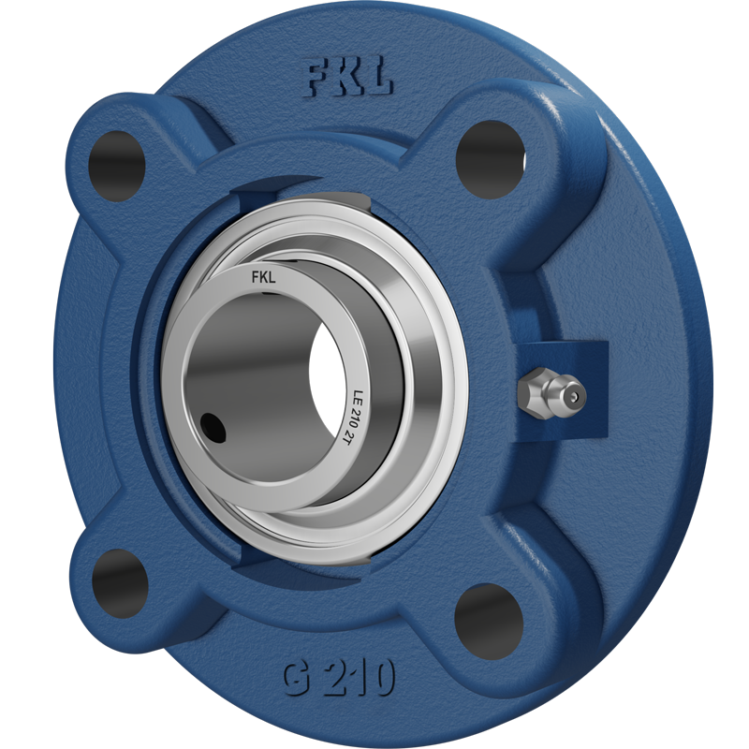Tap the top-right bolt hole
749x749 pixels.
(491, 159)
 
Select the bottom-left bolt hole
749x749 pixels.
(120, 583)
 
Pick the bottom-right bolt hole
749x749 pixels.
(489, 622)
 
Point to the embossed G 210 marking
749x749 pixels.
(339, 678)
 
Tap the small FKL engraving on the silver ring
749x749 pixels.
(264, 277)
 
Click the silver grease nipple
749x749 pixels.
(551, 394)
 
